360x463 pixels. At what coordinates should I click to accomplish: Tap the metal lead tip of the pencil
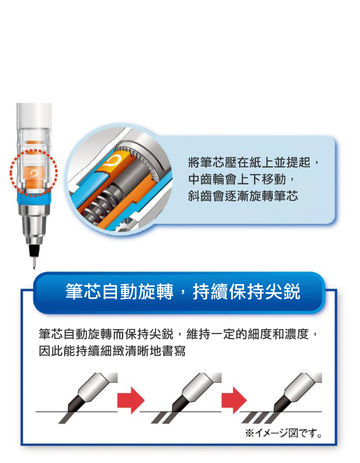pyautogui.click(x=34, y=263)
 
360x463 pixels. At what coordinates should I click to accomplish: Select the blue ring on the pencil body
pyautogui.click(x=34, y=199)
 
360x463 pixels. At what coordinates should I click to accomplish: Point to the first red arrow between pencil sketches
pyautogui.click(x=131, y=401)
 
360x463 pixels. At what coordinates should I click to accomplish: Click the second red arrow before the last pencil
pyautogui.click(x=234, y=401)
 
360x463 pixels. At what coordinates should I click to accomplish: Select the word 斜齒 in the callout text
pyautogui.click(x=200, y=196)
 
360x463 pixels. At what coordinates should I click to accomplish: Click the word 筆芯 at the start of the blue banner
pyautogui.click(x=83, y=292)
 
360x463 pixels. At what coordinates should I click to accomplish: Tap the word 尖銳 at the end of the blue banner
pyautogui.click(x=283, y=292)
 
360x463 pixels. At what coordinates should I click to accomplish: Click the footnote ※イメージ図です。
pyautogui.click(x=283, y=433)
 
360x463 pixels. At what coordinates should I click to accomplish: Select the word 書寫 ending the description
pyautogui.click(x=174, y=351)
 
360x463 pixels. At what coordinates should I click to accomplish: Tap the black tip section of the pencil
pyautogui.click(x=34, y=250)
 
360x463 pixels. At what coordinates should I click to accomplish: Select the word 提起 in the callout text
pyautogui.click(x=299, y=162)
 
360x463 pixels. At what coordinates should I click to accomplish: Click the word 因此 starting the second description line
pyautogui.click(x=51, y=351)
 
